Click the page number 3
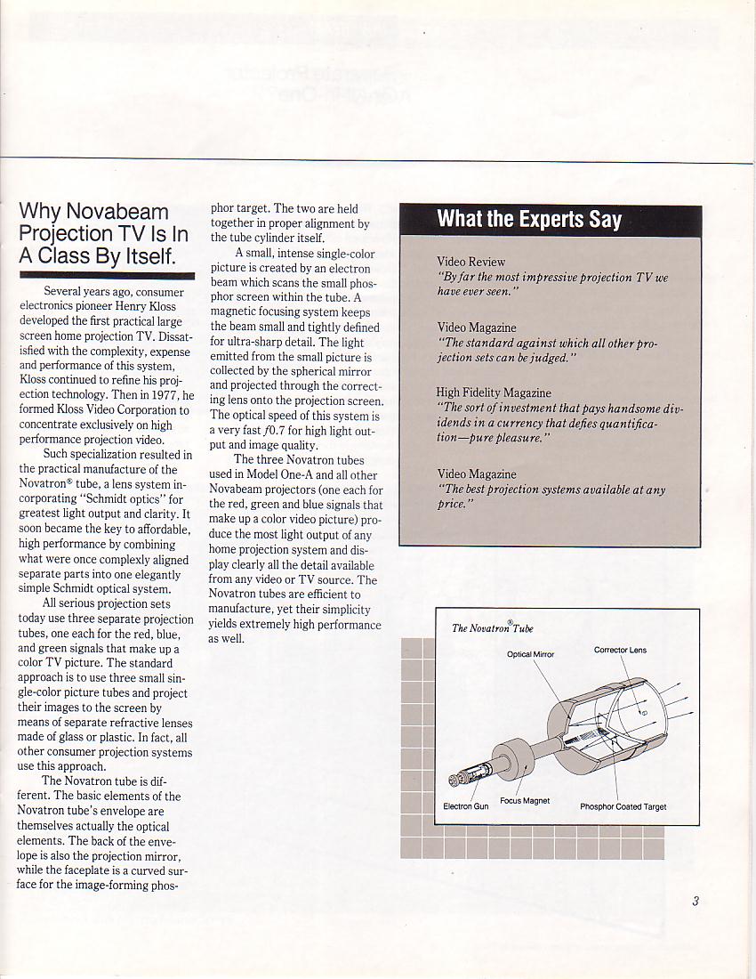[696, 901]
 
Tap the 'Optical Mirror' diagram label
[530, 654]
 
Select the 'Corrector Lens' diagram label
[620, 650]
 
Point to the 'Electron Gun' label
[466, 806]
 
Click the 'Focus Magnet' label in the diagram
[525, 800]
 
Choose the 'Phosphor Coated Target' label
[623, 806]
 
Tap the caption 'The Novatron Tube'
[493, 628]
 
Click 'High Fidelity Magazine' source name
[494, 392]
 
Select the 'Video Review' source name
[470, 262]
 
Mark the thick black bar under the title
[107, 274]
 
